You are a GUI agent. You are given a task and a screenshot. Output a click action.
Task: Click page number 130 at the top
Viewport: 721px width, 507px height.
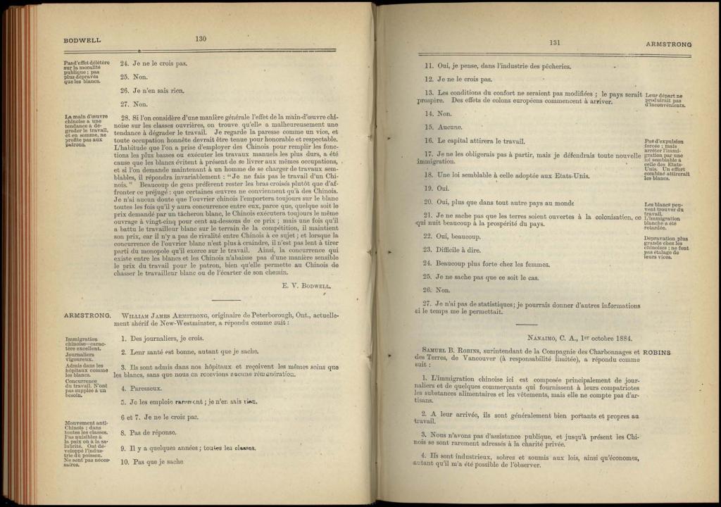pyautogui.click(x=201, y=39)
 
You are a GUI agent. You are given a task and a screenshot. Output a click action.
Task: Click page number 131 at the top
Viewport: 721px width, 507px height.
pyautogui.click(x=555, y=43)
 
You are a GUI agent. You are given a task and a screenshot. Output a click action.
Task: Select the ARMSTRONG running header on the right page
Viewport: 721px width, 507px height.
pyautogui.click(x=668, y=44)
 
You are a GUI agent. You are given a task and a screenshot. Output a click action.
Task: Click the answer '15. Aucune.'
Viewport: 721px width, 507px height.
pyautogui.click(x=441, y=127)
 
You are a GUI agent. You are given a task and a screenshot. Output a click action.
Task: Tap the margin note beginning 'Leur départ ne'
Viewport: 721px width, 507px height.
pyautogui.click(x=664, y=100)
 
